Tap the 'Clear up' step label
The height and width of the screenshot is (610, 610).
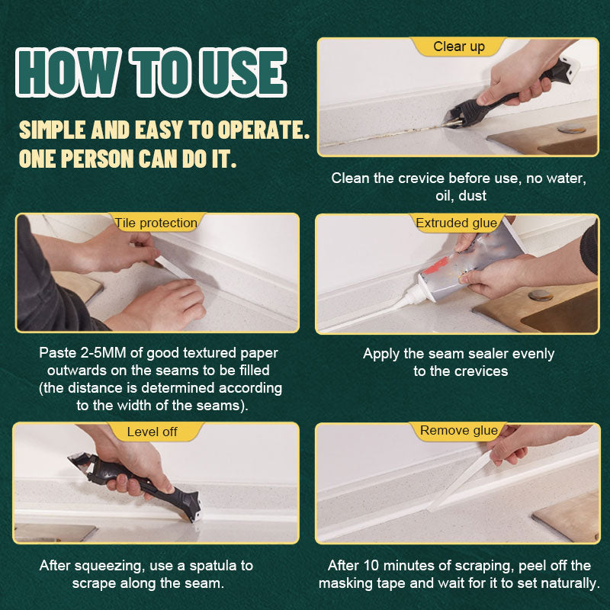[x=459, y=47]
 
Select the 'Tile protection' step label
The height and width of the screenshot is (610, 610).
[x=156, y=223]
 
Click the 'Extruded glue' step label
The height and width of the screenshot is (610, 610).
[x=457, y=223]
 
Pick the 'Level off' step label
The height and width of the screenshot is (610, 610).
[x=152, y=432]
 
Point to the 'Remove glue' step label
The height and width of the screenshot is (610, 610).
[x=459, y=431]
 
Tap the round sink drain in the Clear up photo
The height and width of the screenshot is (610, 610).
[x=571, y=129]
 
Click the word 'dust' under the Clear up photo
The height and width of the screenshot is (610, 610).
[x=472, y=196]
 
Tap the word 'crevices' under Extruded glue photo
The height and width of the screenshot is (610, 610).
[x=481, y=371]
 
